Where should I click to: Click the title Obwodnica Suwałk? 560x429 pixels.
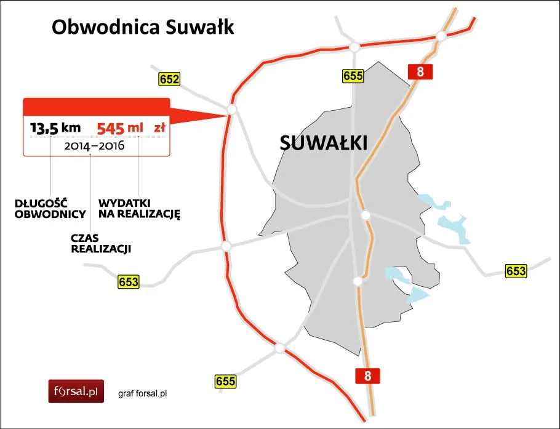[x=143, y=28]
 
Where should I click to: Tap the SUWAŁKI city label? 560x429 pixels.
[x=323, y=143]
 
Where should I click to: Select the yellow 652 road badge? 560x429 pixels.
[x=169, y=79]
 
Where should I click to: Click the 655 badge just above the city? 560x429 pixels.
[x=353, y=76]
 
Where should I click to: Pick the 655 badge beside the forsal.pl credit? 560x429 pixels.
[x=226, y=382]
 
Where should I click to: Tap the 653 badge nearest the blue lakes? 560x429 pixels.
[x=516, y=271]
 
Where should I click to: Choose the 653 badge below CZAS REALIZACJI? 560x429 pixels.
[x=128, y=283]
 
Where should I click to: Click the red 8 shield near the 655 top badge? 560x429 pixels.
[x=420, y=71]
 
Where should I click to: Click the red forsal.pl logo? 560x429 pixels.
[x=77, y=390]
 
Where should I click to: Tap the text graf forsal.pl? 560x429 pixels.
[x=143, y=393]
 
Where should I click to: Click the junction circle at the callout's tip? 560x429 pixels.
[x=231, y=109]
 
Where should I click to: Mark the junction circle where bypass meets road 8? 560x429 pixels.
[x=441, y=37]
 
